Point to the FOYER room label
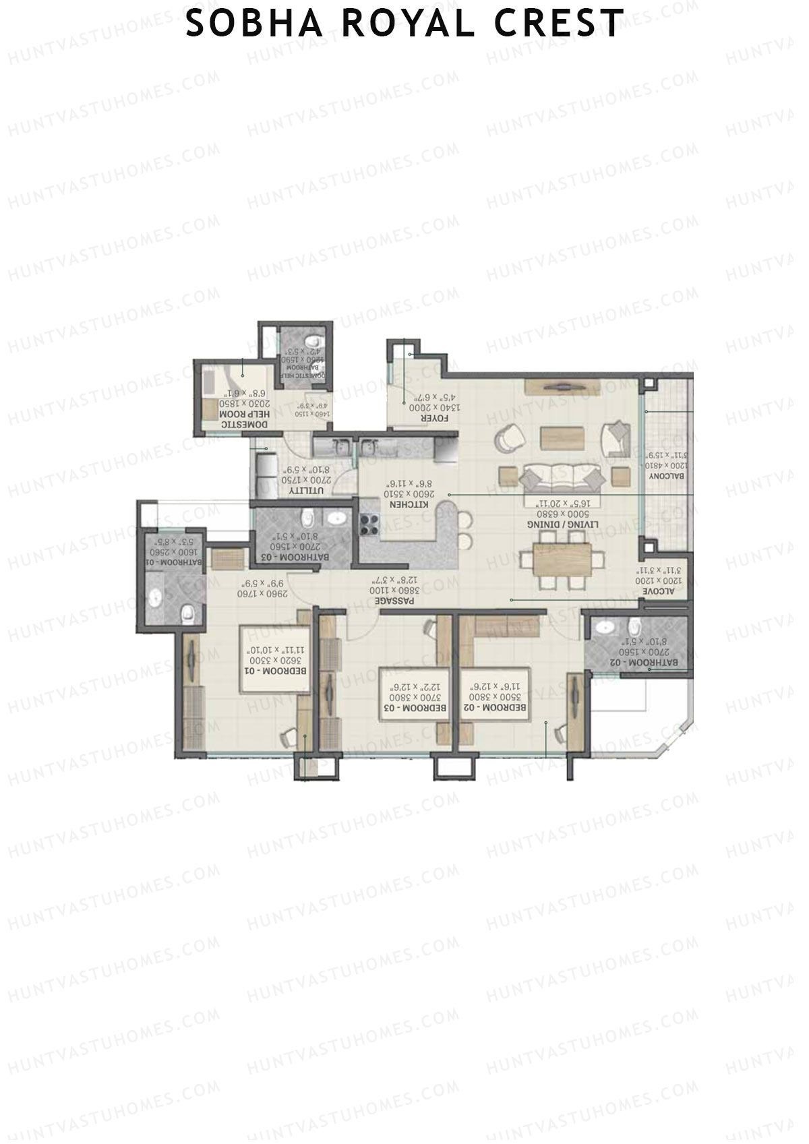point(417,418)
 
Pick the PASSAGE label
point(394,599)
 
